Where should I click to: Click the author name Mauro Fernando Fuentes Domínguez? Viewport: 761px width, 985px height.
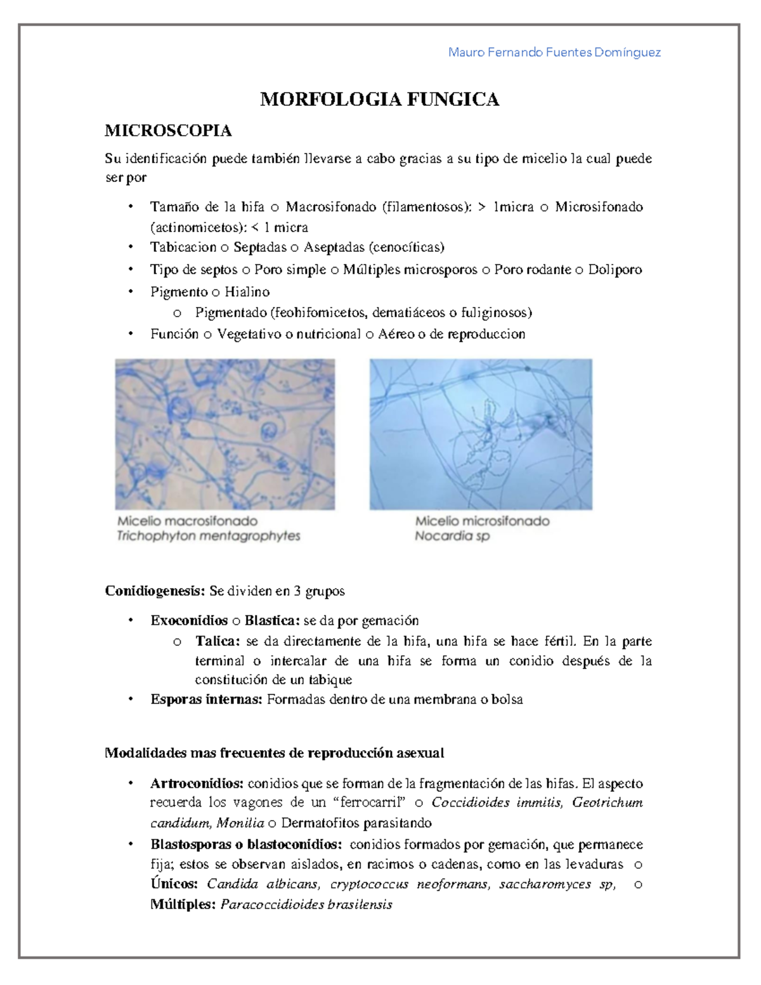coord(554,53)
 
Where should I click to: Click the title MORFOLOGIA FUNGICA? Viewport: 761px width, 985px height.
coord(379,100)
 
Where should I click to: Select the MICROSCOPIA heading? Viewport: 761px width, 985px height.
coord(168,131)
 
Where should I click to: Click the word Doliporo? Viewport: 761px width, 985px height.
coord(615,270)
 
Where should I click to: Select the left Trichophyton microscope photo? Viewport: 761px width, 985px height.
coord(224,434)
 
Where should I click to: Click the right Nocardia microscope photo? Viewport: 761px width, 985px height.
coord(481,434)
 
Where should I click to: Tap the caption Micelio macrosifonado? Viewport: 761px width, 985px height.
coord(187,521)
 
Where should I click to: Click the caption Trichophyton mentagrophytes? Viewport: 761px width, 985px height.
coord(208,536)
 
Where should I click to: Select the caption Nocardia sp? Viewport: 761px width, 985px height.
coord(452,536)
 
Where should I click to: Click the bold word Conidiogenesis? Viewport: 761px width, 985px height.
coord(155,591)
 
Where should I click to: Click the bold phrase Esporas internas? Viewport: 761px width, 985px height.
coord(205,700)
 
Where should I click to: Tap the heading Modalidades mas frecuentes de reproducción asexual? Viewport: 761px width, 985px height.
coord(274,753)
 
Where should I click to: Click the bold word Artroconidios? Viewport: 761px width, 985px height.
coord(197,783)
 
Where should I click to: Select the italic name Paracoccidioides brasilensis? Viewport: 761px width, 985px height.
coord(306,904)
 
